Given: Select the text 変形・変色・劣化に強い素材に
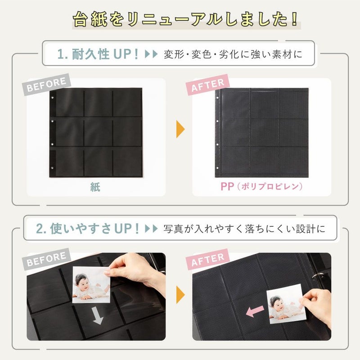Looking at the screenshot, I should (x=233, y=55).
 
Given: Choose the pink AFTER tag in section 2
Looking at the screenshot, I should (x=208, y=259).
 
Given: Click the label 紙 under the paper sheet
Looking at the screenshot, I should (x=95, y=187).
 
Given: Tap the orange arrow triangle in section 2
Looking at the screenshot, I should (x=180, y=295).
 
